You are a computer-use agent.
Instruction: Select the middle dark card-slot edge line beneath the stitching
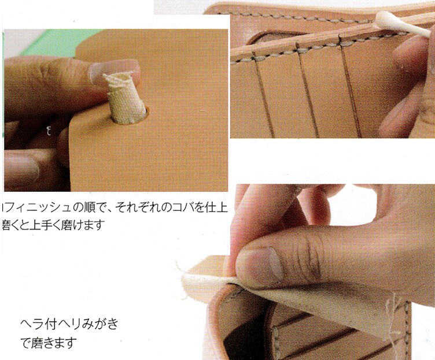(303, 87)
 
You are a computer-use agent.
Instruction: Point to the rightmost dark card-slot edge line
(351, 87)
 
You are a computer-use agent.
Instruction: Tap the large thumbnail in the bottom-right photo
(263, 266)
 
